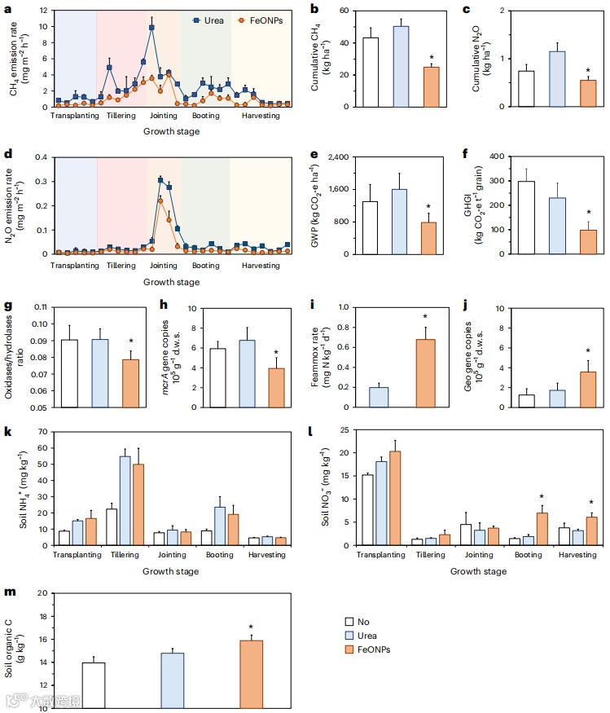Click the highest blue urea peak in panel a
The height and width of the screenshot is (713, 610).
click(x=151, y=28)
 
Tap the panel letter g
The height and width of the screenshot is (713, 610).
click(x=7, y=306)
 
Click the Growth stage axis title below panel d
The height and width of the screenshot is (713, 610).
click(x=171, y=282)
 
